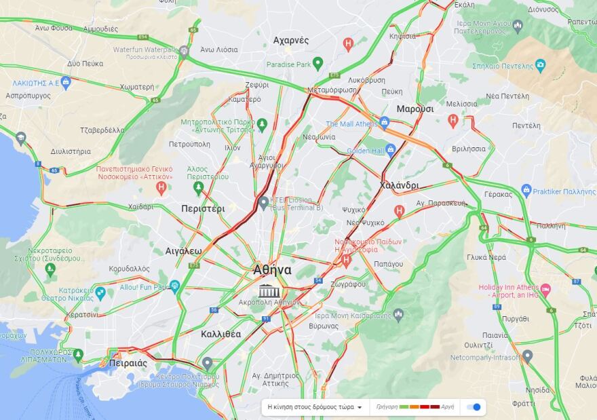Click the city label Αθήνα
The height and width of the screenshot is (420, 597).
coord(272,270)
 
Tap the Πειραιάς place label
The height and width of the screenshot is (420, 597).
coord(128,364)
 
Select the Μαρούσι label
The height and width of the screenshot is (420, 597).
coord(415,109)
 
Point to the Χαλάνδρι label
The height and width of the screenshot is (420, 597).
coord(399,185)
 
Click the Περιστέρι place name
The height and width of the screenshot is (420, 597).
coord(203,209)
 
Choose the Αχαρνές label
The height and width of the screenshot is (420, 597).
coord(291,41)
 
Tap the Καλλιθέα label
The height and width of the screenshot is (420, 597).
coord(220,335)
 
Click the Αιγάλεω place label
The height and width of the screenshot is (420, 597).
coord(183,251)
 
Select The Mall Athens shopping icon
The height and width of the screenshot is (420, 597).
coord(384,123)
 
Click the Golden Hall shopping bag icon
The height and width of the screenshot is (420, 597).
coord(390,151)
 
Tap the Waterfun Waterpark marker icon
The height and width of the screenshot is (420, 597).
coord(184,51)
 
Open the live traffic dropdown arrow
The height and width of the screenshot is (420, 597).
coord(360,407)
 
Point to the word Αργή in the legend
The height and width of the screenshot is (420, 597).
coord(448,407)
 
